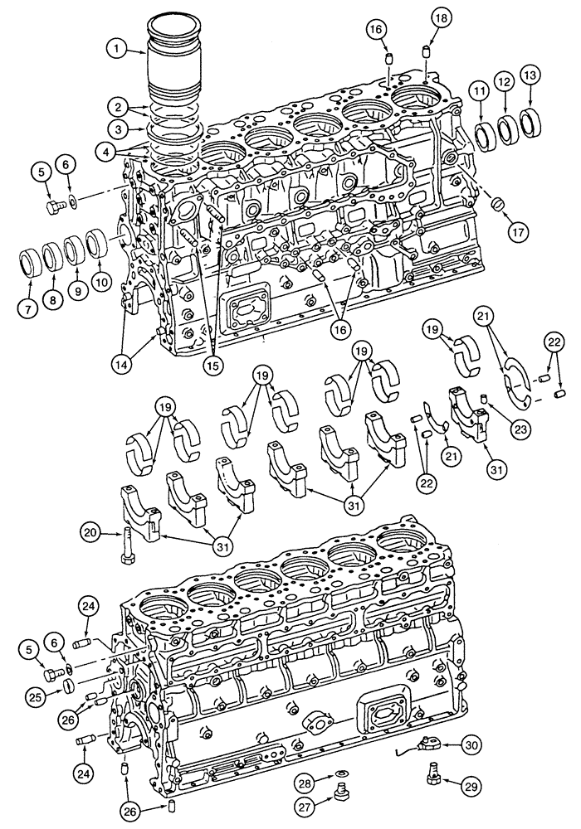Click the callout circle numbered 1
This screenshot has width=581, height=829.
point(120,50)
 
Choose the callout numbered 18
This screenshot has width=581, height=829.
point(439,18)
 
